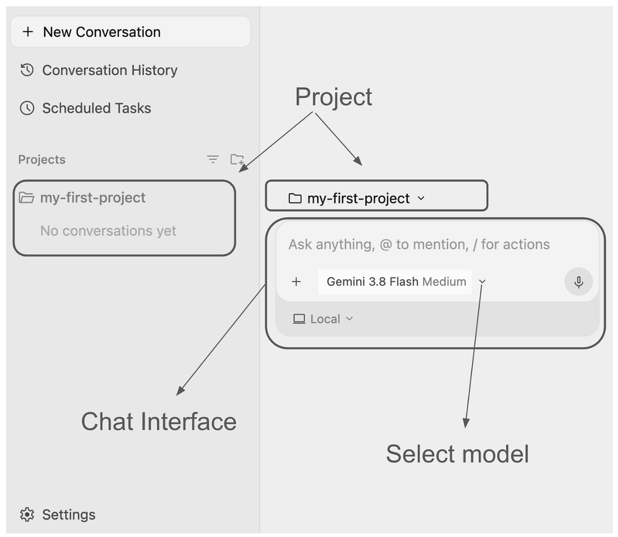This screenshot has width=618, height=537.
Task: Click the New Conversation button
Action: coord(130,32)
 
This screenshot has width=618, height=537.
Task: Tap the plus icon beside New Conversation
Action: coord(28,32)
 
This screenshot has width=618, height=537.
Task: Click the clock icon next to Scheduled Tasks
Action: coord(27,108)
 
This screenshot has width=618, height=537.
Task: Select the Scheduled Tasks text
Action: coord(97,108)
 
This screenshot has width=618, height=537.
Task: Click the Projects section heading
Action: coord(42,159)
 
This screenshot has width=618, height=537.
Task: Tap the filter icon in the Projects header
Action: coord(213,159)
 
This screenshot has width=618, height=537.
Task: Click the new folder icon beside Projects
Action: coord(237,159)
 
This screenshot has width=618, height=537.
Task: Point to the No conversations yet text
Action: coord(108,231)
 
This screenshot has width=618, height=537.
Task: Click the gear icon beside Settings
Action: coord(27,514)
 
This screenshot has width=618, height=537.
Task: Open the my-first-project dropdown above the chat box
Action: coord(357,199)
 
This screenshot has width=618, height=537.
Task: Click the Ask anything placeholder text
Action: coord(419,244)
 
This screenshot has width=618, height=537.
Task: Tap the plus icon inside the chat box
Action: coord(296,282)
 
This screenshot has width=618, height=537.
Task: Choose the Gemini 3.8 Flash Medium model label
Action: coord(396,281)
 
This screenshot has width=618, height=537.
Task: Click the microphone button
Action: coord(578,281)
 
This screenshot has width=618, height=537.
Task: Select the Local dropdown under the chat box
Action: coord(323,319)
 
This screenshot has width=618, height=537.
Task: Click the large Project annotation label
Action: coord(334,97)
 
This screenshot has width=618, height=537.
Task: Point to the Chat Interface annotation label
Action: coord(159,422)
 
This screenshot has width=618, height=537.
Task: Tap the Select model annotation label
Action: coord(457,454)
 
